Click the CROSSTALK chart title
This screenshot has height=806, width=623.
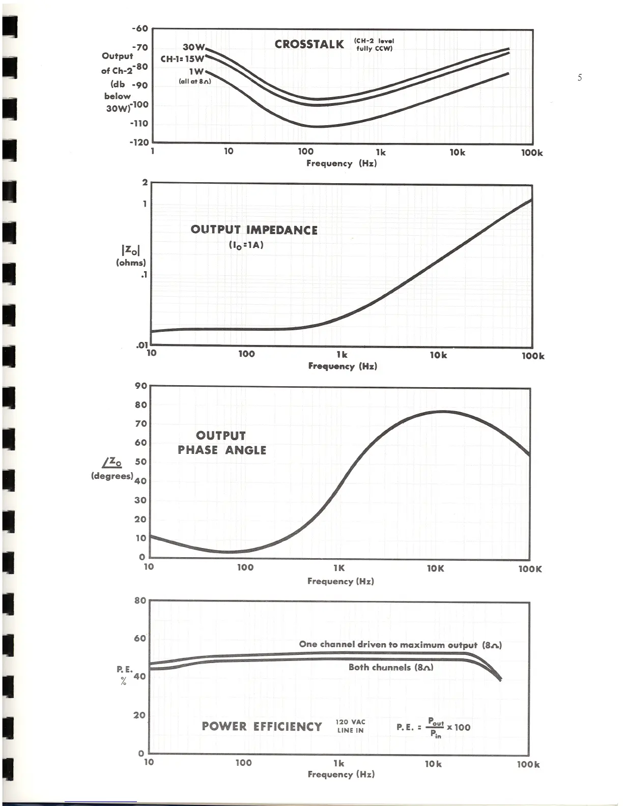(x=309, y=44)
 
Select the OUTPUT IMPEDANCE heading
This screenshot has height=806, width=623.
(x=254, y=230)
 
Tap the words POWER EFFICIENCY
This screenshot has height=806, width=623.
(x=262, y=727)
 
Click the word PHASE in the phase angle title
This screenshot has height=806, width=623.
(x=198, y=450)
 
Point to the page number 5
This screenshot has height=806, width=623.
(x=580, y=78)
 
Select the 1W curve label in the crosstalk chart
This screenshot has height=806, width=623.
(x=196, y=72)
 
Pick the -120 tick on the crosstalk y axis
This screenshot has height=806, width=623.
(x=139, y=142)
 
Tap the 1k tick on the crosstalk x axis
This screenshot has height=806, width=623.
(x=381, y=152)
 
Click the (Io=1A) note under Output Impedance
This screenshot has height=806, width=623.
(x=246, y=245)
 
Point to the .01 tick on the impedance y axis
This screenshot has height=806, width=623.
(x=141, y=346)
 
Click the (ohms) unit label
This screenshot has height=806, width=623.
(x=131, y=263)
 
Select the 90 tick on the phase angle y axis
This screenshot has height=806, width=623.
(x=141, y=386)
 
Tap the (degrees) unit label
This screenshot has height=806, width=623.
(x=112, y=476)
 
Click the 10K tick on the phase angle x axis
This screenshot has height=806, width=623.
(x=435, y=568)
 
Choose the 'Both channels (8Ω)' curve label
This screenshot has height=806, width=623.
(x=391, y=667)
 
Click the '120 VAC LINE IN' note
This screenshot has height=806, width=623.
(x=351, y=726)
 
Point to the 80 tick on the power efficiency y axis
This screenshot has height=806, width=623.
(x=140, y=600)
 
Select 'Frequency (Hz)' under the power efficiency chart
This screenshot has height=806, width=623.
(x=341, y=774)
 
